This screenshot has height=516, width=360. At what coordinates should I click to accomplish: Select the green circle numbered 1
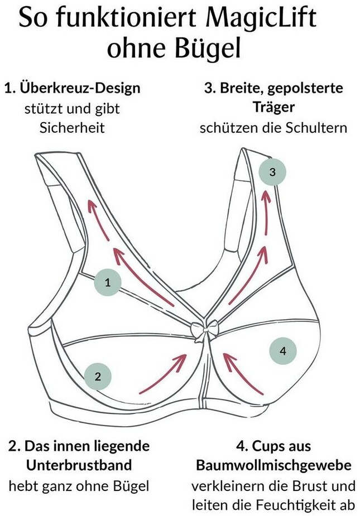pyautogui.click(x=108, y=283)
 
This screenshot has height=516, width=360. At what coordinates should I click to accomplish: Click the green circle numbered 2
pyautogui.click(x=98, y=376)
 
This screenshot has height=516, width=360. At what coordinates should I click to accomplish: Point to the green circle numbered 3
pyautogui.click(x=272, y=172)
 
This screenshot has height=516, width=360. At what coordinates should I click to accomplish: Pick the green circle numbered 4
pyautogui.click(x=282, y=351)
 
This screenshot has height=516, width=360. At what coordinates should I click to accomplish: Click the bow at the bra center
pyautogui.click(x=203, y=330)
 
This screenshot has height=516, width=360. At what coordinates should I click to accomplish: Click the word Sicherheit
pyautogui.click(x=72, y=128)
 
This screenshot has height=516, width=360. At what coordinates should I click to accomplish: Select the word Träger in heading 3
pyautogui.click(x=273, y=107)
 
